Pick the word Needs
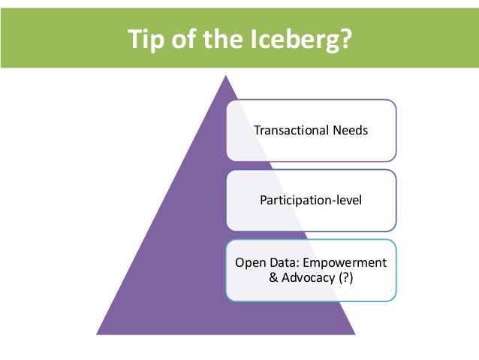[348, 130]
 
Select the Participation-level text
[310, 201]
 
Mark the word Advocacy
[308, 278]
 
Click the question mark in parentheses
[345, 278]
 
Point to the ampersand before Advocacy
[273, 278]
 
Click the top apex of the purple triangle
[226, 75]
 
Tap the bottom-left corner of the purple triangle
[98, 333]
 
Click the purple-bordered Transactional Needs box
[311, 130]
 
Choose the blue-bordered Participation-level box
[311, 201]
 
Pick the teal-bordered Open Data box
[311, 271]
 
